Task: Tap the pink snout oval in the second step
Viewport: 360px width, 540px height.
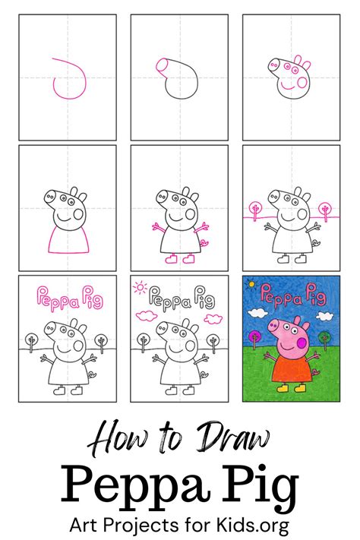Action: tap(162, 67)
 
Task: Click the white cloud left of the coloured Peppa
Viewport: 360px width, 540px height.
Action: tap(257, 312)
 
